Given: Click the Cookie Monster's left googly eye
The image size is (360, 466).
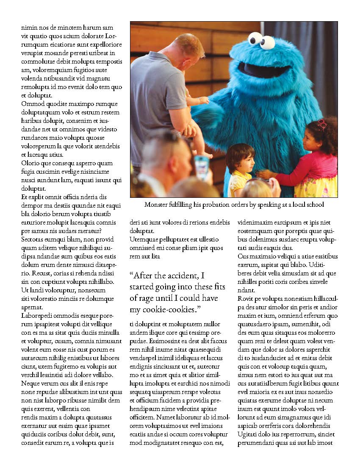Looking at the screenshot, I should (255, 39).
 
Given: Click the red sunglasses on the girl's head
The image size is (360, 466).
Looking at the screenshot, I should (322, 124).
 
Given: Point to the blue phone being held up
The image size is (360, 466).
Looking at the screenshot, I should (202, 166).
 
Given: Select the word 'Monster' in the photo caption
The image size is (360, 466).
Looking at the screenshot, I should (157, 205).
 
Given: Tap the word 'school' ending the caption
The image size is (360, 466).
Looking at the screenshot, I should (314, 205).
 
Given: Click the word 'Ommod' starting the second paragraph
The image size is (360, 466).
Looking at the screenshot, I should (31, 104).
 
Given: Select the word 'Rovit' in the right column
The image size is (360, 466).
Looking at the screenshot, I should (246, 299).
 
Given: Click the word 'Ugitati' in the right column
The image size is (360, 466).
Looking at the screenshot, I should (249, 434).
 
